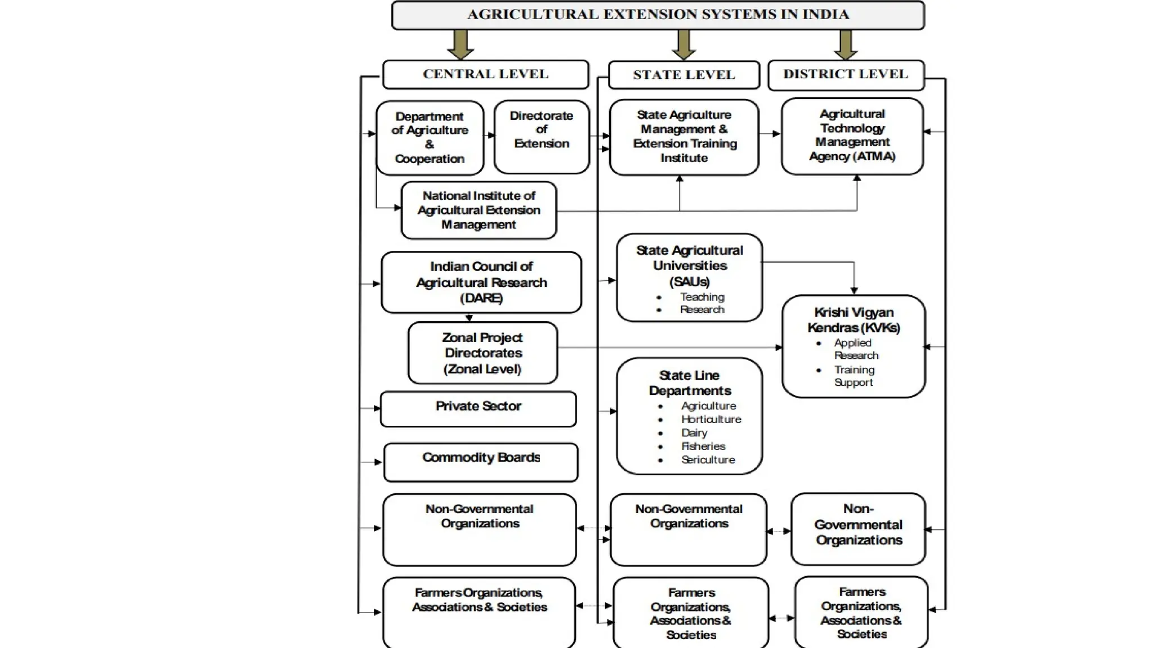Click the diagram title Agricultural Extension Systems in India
tap(658, 15)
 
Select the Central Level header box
tap(485, 74)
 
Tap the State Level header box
tap(683, 75)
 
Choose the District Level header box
tap(846, 74)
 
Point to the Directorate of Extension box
tap(541, 136)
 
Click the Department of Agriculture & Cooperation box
tap(430, 138)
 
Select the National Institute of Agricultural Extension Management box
tap(479, 210)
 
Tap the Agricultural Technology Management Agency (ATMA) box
tap(852, 136)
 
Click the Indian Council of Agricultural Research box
tap(481, 282)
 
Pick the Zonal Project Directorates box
tap(482, 353)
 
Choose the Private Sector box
tap(478, 408)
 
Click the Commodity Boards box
tap(481, 461)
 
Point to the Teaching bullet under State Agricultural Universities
tap(701, 297)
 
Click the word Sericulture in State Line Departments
tap(708, 460)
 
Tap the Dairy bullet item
tap(694, 433)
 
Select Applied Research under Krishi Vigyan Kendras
tap(855, 349)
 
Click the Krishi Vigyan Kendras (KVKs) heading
tap(853, 319)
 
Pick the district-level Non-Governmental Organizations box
tap(858, 529)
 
